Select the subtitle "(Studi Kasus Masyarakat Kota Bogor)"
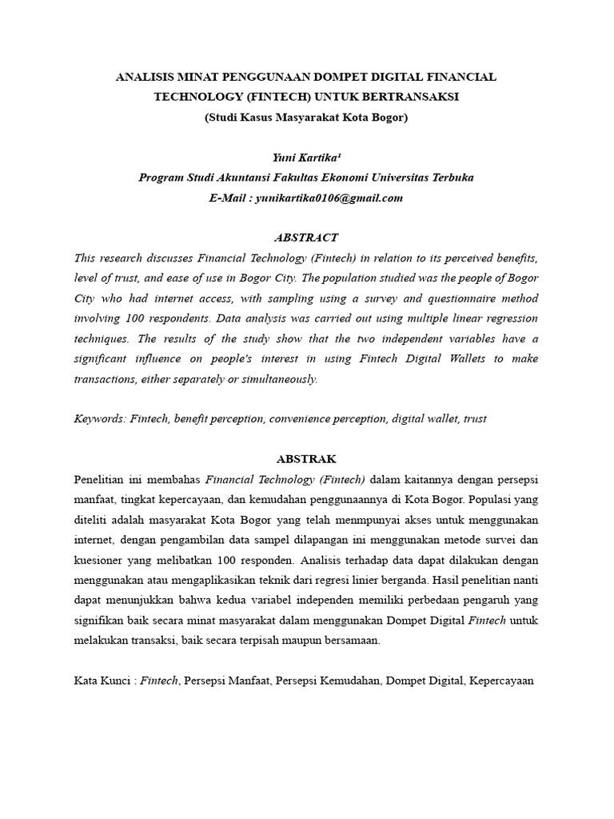coord(306,117)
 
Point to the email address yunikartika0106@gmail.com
coord(329,198)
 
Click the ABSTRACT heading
coord(306,238)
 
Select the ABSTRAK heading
coord(306,459)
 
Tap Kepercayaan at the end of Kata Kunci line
coord(501,681)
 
